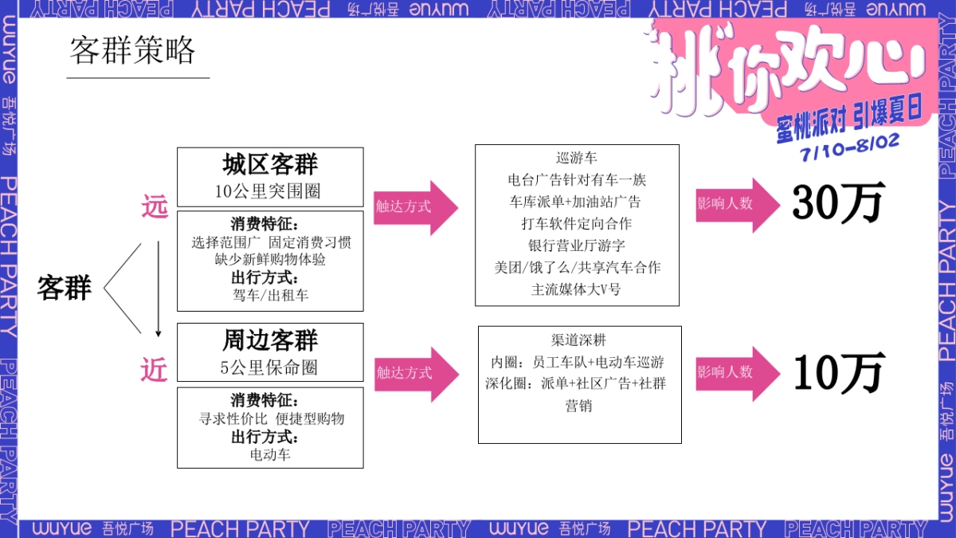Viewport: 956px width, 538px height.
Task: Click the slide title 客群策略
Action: [132, 51]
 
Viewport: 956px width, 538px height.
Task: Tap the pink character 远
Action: [155, 206]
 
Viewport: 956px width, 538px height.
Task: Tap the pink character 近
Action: [155, 369]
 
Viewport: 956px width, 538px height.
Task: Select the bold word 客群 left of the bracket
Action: [64, 288]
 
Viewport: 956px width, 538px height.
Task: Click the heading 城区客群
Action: [270, 165]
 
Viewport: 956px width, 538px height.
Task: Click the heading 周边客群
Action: [270, 340]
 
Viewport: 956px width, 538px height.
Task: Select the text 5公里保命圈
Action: [269, 368]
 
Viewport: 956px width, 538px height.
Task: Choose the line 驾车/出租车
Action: [271, 295]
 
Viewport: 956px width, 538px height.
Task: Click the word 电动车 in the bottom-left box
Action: [271, 454]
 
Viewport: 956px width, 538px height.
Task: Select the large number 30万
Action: [837, 204]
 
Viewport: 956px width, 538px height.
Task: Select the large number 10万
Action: [839, 372]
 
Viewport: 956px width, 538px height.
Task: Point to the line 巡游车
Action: [577, 159]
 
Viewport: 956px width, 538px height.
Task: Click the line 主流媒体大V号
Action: [577, 289]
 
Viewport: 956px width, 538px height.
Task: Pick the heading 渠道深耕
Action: [579, 339]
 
